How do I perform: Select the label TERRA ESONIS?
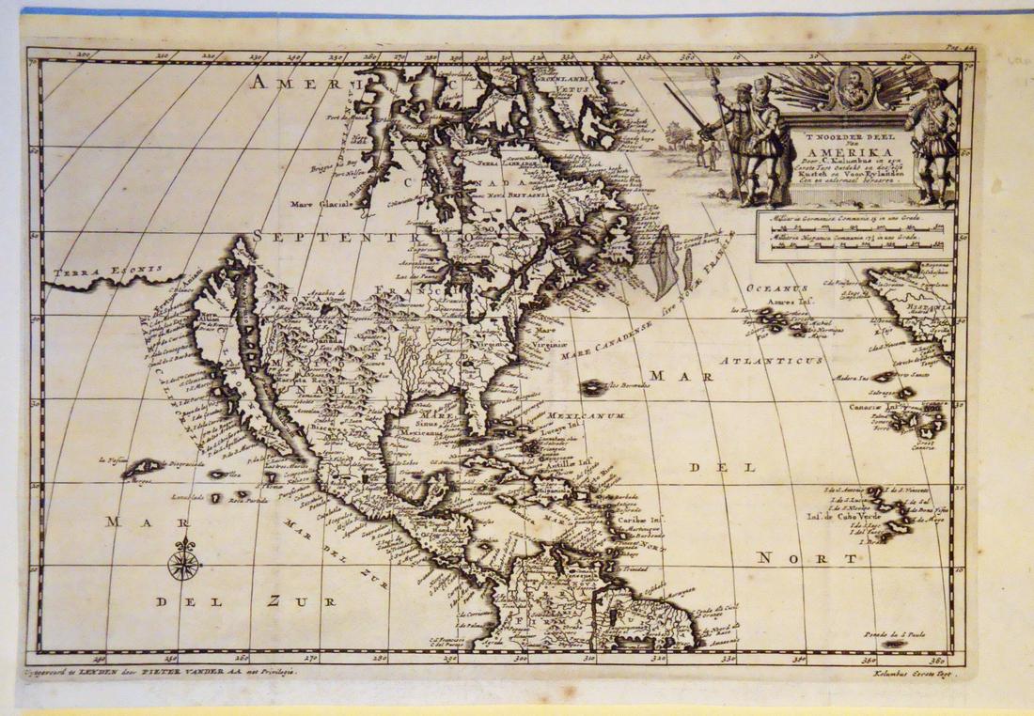96,272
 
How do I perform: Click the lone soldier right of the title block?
932,141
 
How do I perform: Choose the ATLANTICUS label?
760,360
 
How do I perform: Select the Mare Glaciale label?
321,202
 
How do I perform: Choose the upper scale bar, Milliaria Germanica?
854,224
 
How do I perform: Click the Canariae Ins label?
875,407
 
